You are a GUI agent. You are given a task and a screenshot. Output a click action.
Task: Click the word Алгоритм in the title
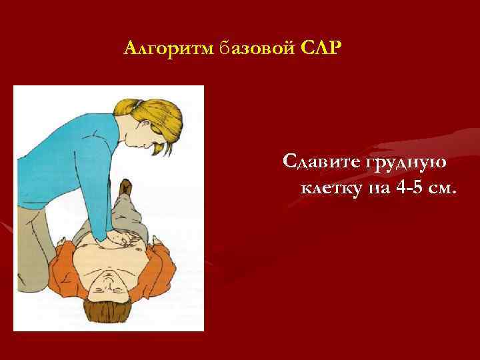click(168, 49)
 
